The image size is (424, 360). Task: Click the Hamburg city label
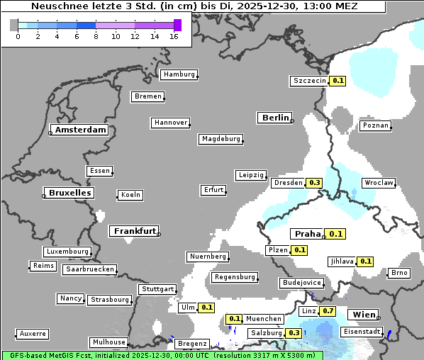click(178, 74)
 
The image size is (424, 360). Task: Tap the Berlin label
click(275, 118)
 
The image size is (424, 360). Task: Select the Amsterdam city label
click(80, 130)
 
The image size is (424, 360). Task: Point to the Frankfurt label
click(135, 231)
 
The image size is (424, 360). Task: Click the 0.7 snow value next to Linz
click(328, 311)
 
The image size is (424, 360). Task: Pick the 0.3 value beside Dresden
click(315, 183)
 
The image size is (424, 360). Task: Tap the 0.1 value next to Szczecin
click(338, 81)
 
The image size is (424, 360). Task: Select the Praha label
click(308, 234)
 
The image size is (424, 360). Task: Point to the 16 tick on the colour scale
click(174, 36)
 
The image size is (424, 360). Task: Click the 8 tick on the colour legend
click(96, 36)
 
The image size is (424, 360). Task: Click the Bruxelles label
click(69, 193)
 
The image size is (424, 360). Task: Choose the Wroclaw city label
click(379, 183)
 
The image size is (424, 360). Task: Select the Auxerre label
click(33, 333)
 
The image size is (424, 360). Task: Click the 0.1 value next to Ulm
click(207, 308)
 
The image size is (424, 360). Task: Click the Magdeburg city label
click(221, 139)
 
